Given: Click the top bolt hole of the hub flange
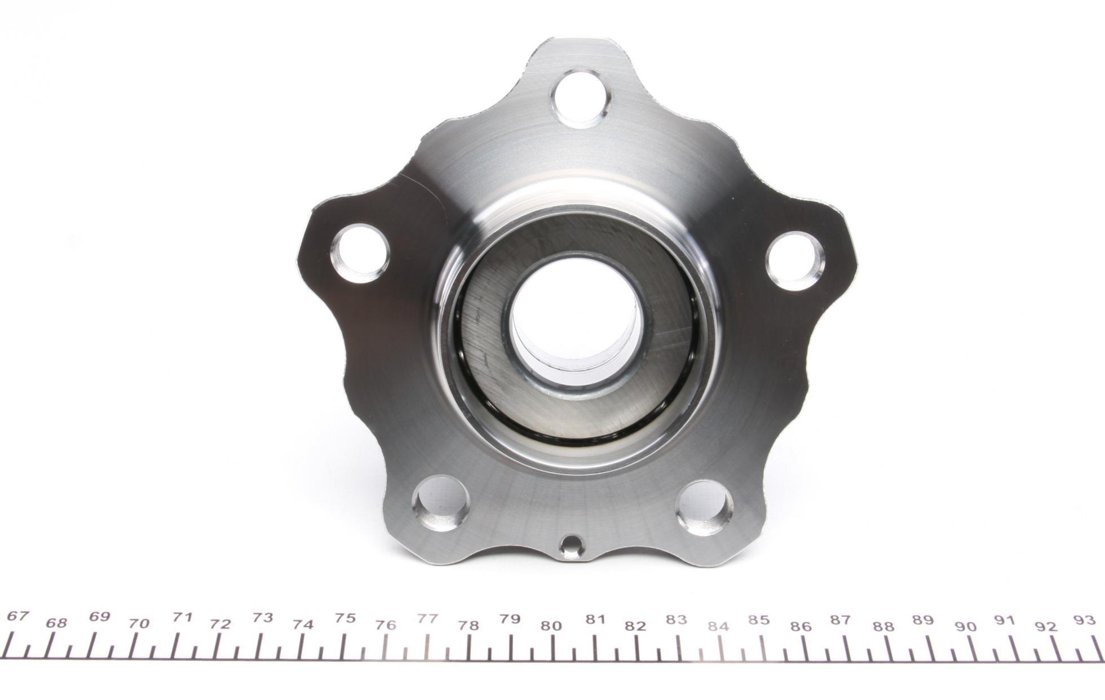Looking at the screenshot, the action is click(582, 99).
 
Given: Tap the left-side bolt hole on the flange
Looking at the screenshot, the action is click(360, 254).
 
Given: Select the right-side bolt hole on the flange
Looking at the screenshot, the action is click(795, 261).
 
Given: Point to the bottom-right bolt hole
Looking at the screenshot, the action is click(705, 508).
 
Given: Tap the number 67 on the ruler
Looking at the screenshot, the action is click(17, 616).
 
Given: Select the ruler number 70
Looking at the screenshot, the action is click(139, 623).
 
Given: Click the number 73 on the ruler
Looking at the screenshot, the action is click(263, 617).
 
